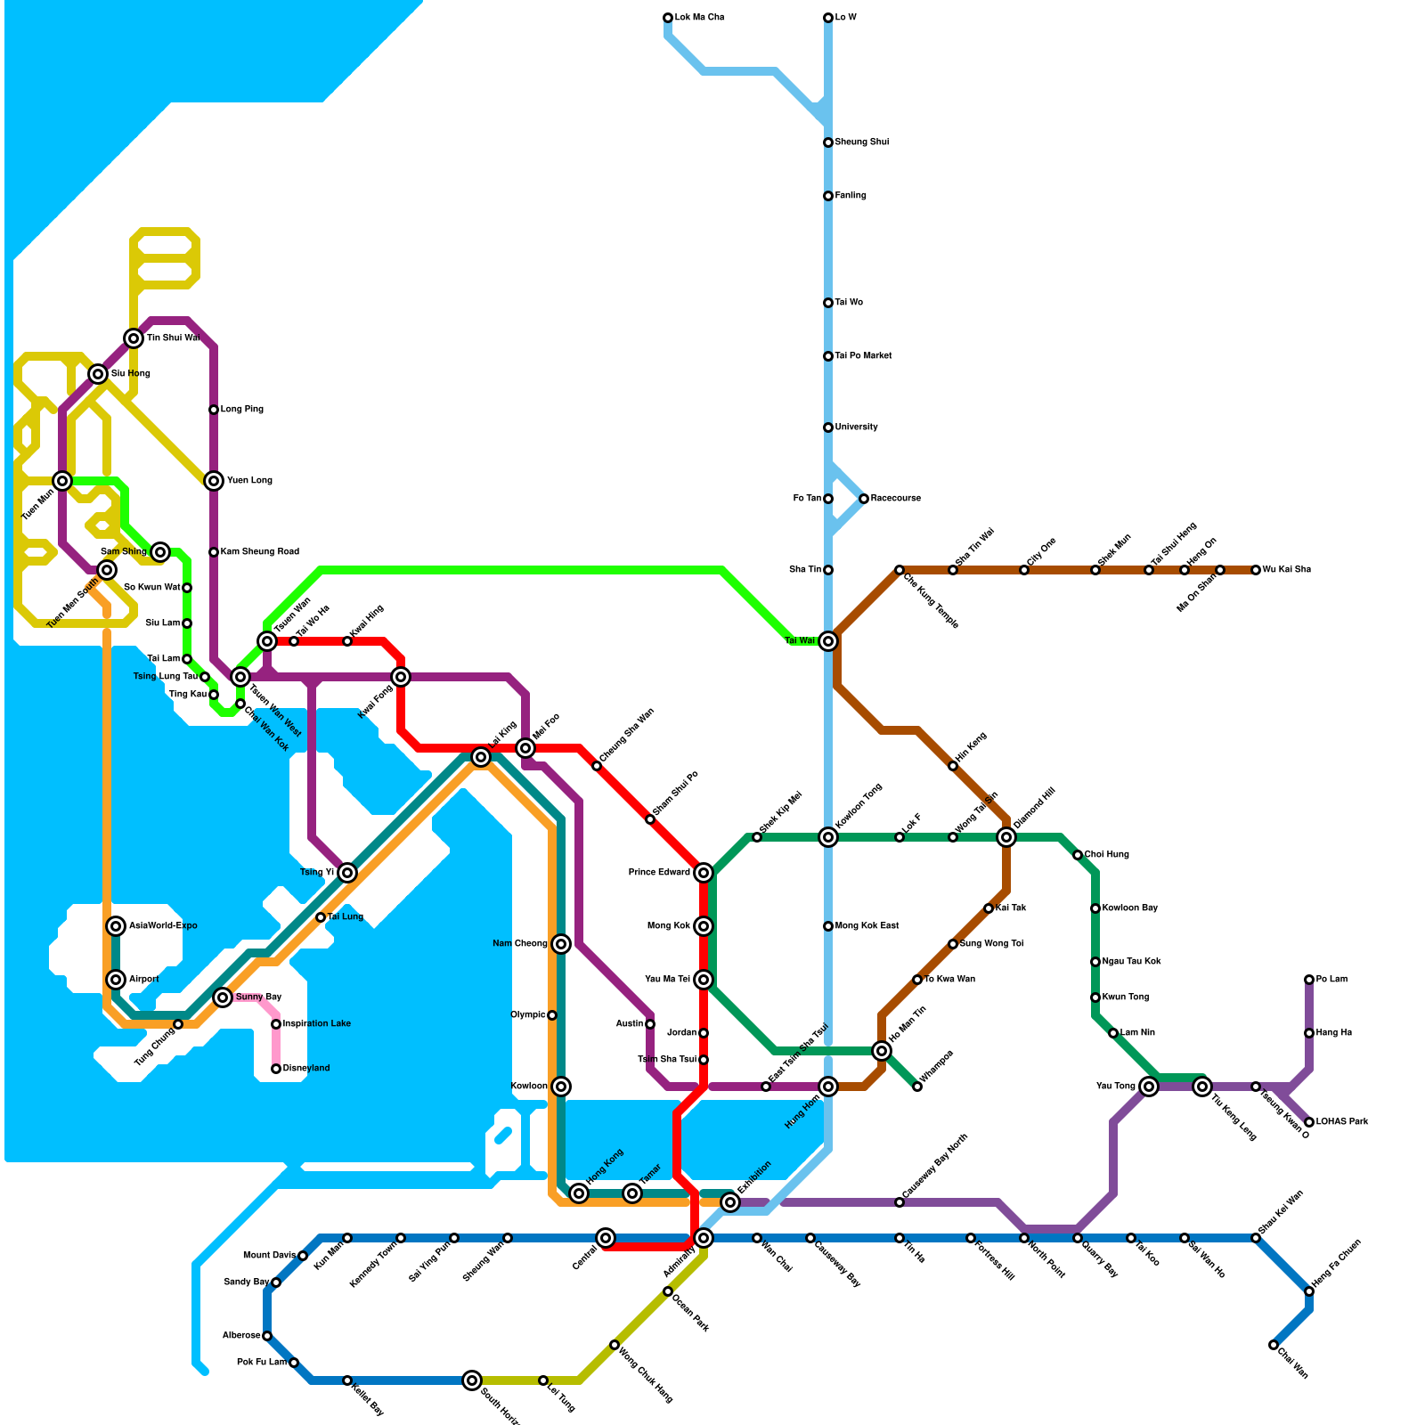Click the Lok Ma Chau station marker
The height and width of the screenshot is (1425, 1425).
tap(668, 18)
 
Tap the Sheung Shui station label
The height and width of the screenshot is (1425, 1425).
tap(861, 142)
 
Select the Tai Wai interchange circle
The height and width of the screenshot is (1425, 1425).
tap(828, 641)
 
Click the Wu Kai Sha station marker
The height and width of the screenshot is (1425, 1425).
tap(1256, 570)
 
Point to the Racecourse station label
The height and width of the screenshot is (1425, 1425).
tap(895, 499)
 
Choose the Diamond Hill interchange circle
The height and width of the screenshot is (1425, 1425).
tap(1006, 837)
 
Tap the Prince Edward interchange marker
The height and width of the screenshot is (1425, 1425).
tap(704, 873)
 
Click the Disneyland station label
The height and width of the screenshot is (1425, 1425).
tap(305, 1069)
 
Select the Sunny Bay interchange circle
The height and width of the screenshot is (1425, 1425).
tap(223, 997)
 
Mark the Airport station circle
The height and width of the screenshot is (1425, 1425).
tap(116, 980)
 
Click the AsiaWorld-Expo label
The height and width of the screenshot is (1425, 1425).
tap(163, 926)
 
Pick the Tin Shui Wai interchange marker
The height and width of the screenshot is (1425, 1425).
tap(134, 338)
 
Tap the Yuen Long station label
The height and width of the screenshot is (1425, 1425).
tap(249, 481)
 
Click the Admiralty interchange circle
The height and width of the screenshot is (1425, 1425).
tap(704, 1238)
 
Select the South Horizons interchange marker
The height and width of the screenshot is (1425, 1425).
tap(472, 1380)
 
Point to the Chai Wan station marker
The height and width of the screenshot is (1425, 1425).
tap(1274, 1345)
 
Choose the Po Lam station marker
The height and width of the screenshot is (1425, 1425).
tap(1309, 980)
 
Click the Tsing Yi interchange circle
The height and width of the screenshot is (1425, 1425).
tap(347, 873)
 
